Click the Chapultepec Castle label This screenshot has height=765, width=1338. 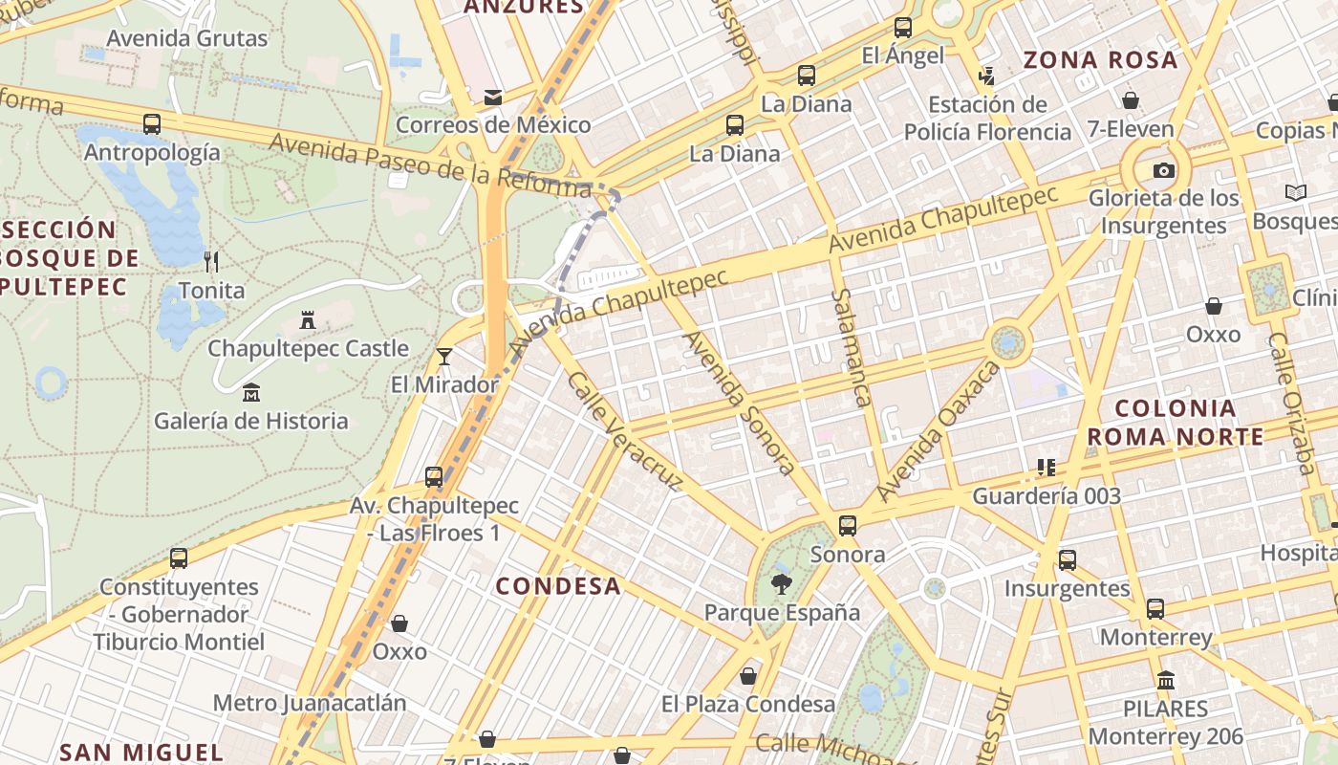[x=308, y=348]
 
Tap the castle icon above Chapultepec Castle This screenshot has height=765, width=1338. [x=308, y=320]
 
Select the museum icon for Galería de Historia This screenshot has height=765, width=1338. [x=251, y=392]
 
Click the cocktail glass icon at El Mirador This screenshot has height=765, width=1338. [x=444, y=357]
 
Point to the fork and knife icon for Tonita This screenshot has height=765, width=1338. [x=212, y=261]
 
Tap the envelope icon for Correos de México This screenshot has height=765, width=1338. [x=493, y=97]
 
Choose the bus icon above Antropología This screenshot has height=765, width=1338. [x=152, y=124]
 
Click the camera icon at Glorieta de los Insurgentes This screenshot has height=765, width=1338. [x=1163, y=171]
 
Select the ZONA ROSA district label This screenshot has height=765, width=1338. [x=1100, y=60]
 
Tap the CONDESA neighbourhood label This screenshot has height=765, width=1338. [x=558, y=586]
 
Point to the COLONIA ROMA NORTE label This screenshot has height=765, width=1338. [x=1176, y=423]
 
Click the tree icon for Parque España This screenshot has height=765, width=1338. [x=782, y=584]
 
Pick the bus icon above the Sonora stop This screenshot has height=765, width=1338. [x=848, y=525]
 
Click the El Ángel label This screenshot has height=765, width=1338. [x=902, y=55]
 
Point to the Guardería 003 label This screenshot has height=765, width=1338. [x=1047, y=496]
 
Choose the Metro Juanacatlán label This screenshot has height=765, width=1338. [x=310, y=703]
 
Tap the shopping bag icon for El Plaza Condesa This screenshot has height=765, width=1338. [x=748, y=676]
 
